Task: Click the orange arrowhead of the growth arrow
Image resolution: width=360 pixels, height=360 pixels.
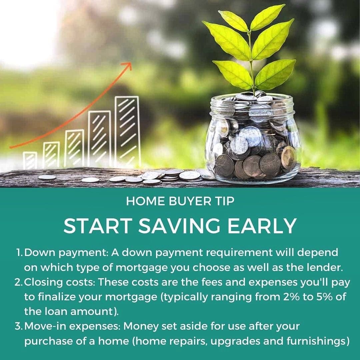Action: click(x=128, y=66)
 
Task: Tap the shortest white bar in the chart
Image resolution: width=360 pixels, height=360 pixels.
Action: click(x=30, y=160)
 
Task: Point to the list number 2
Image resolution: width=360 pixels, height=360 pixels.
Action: click(x=19, y=282)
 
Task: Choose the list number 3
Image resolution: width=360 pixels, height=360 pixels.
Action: click(x=19, y=326)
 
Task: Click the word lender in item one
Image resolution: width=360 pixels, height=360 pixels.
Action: click(x=326, y=267)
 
